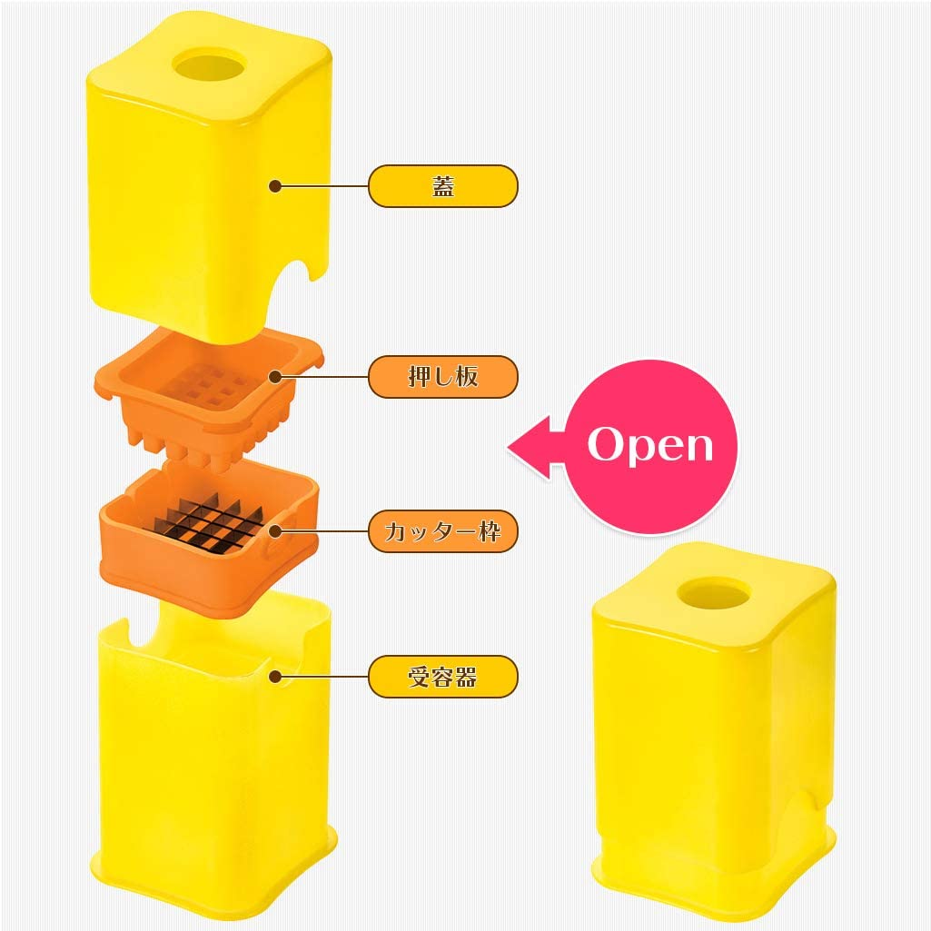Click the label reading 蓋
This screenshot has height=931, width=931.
[443, 186]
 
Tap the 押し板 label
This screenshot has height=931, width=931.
[443, 376]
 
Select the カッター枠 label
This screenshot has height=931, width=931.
[443, 531]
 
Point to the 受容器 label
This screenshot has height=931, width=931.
[443, 677]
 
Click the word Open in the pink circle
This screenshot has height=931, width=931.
[650, 445]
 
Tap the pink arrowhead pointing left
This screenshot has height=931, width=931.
[530, 447]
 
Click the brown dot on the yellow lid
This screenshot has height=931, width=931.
[275, 186]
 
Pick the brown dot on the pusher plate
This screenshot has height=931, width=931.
[275, 376]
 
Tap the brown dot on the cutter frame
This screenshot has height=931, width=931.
[275, 531]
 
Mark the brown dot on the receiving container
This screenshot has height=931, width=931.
[275, 677]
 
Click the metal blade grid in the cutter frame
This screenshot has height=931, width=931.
[208, 523]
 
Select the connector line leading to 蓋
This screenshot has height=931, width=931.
[324, 186]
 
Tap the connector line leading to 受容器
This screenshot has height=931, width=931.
[324, 677]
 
